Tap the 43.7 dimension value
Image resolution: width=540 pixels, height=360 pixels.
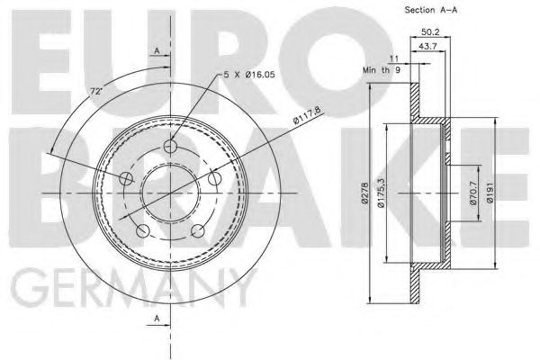tap(428, 46)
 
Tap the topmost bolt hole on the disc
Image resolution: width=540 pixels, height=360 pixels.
tap(174, 146)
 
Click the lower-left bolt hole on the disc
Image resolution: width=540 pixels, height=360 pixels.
tap(141, 232)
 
